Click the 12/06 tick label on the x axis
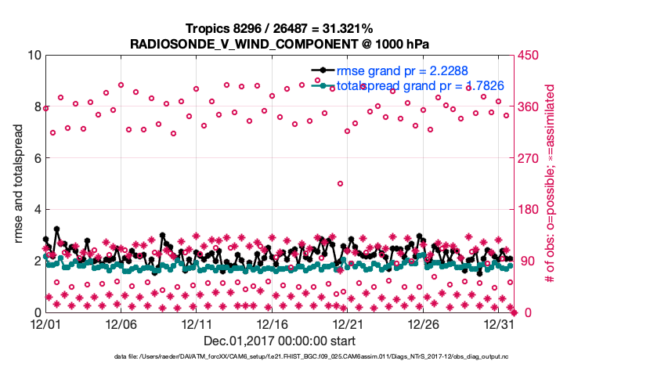(121, 323)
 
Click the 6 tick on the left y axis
(37, 158)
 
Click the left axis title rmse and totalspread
(18, 183)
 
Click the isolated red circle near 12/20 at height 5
(341, 183)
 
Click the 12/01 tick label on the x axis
(45, 323)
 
